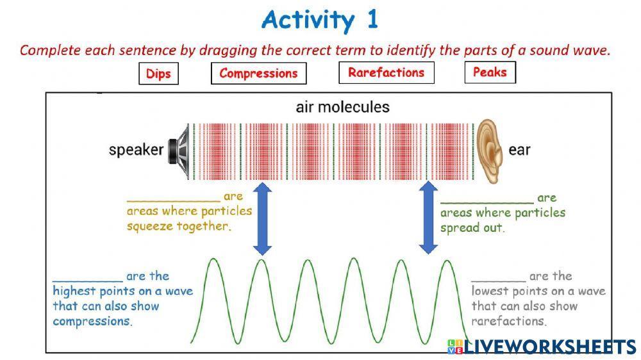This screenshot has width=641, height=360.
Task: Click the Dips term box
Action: tap(158, 74)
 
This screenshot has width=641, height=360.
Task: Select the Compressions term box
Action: tap(258, 73)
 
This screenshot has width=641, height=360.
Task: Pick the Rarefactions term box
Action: tap(386, 72)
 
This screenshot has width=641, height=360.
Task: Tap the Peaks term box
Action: tap(490, 72)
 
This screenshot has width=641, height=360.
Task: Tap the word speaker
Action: tap(136, 151)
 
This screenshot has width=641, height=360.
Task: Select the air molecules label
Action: tap(342, 107)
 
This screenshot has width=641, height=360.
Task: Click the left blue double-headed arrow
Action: tap(262, 218)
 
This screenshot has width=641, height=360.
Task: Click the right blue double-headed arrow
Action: tap(428, 218)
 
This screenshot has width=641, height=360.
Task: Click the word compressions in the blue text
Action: tap(92, 321)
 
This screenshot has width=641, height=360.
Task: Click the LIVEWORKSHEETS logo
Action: tap(542, 347)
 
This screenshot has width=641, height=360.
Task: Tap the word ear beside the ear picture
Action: tap(519, 151)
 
